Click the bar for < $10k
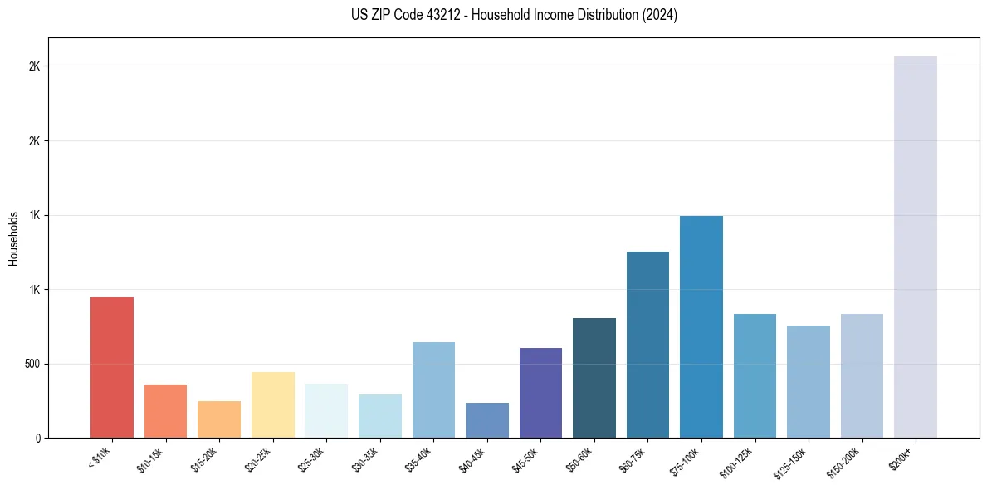click(112, 368)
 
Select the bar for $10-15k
click(165, 411)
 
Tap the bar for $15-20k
click(219, 419)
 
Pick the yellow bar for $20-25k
click(273, 405)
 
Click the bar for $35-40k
click(433, 390)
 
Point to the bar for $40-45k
click(487, 420)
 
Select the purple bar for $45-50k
click(540, 393)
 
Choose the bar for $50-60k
click(594, 378)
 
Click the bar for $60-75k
click(647, 345)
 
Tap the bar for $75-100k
click(701, 327)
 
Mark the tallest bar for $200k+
click(916, 247)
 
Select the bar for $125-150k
click(809, 382)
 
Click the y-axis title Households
click(14, 238)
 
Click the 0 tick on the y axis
click(38, 438)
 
